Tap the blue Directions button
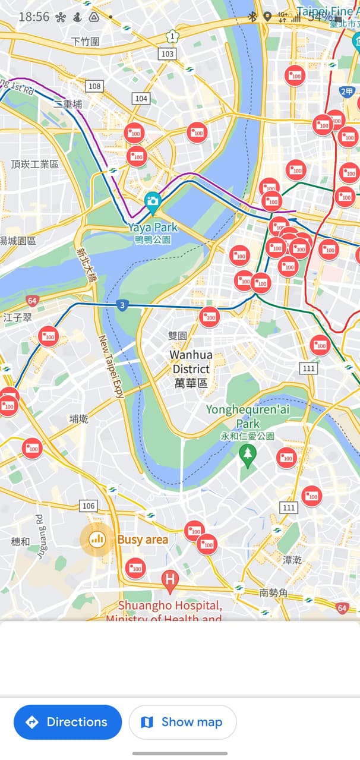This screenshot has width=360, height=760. (x=67, y=722)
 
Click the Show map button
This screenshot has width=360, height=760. (x=182, y=722)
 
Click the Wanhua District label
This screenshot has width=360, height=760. (x=191, y=369)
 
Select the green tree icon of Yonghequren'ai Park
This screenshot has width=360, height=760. (x=247, y=455)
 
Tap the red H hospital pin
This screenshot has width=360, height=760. (x=170, y=580)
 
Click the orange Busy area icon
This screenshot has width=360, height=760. (x=96, y=540)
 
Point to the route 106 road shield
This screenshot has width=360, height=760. (x=89, y=506)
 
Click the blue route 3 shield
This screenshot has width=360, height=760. (x=122, y=305)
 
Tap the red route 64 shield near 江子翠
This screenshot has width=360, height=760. (x=32, y=301)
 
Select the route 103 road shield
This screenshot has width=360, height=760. (x=168, y=54)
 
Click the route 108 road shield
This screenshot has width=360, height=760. (x=94, y=86)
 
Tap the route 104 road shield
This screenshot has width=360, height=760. (x=141, y=99)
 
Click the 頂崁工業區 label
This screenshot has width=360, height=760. (x=35, y=163)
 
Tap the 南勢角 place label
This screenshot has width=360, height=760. (x=274, y=592)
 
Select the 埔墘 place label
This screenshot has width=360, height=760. (x=78, y=419)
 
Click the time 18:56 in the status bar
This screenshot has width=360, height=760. (x=34, y=17)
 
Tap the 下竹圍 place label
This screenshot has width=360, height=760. (x=85, y=41)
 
